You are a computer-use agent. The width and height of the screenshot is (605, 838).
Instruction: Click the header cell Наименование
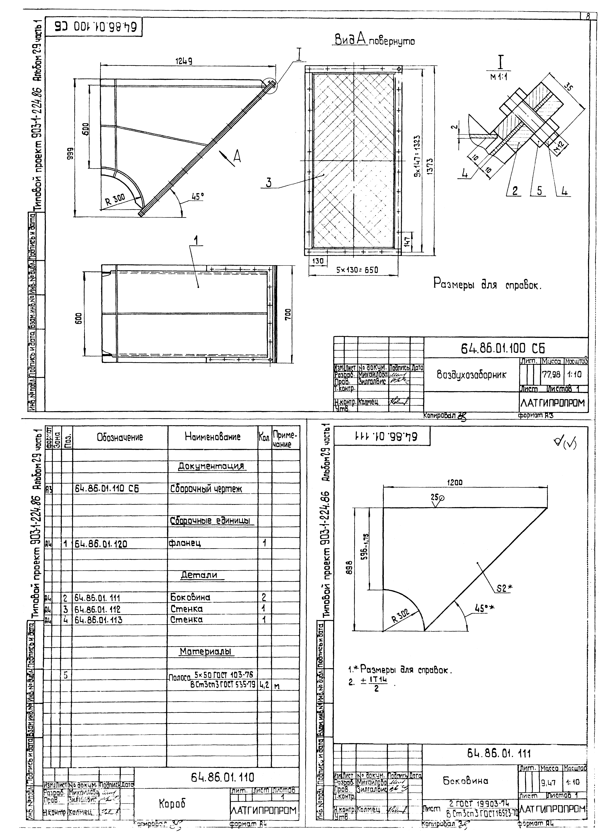tap(213, 437)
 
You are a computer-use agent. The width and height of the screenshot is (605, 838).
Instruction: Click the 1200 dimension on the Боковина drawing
tap(455, 482)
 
